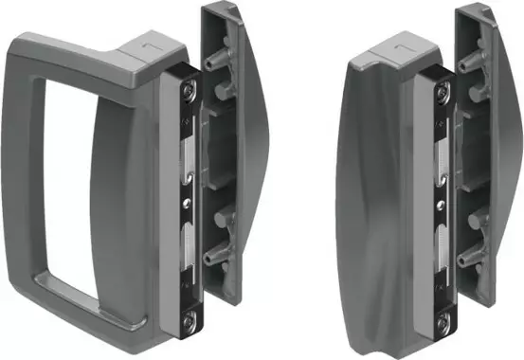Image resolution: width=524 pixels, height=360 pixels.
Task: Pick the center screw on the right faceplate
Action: (443, 202)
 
